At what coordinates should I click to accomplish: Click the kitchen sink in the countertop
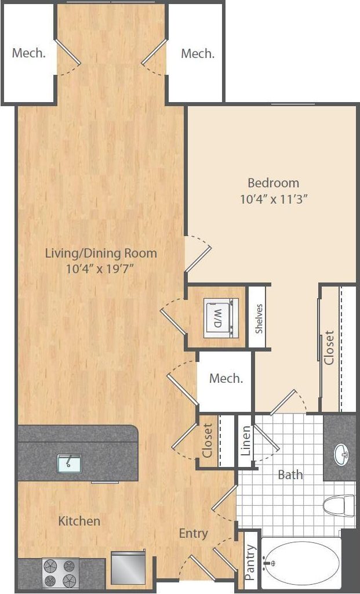70,462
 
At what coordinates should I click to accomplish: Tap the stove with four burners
61,573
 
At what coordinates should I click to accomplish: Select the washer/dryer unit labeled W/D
220,317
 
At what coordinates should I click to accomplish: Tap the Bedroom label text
273,183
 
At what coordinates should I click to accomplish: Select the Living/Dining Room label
101,253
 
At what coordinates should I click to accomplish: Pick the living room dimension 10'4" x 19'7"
101,269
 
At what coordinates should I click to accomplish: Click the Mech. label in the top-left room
29,53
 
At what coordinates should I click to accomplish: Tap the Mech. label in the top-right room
198,53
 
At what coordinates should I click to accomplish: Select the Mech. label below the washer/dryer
226,379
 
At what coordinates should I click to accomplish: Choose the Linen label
245,441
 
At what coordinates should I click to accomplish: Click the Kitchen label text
79,521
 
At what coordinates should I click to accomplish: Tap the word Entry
193,533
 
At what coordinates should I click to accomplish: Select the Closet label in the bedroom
329,347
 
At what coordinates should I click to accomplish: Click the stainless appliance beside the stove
126,568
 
